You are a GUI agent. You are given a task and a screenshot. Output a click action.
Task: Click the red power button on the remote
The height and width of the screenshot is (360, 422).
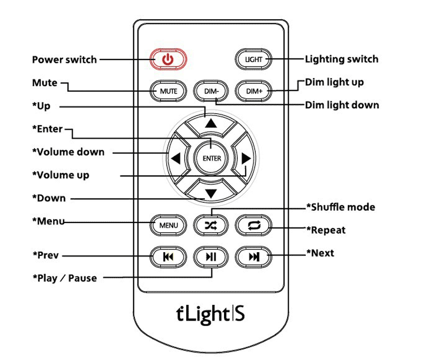[168, 59]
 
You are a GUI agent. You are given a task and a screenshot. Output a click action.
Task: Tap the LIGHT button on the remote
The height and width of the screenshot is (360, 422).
[253, 59]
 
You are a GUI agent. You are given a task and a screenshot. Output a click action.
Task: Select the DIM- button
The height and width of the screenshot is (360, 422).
[211, 91]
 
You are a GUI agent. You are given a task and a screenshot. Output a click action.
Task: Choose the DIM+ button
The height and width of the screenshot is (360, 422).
[253, 91]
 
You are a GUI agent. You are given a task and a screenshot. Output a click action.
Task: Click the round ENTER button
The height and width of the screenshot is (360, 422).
[211, 158]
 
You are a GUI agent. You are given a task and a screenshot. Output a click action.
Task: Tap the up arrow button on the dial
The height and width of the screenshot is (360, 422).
[211, 124]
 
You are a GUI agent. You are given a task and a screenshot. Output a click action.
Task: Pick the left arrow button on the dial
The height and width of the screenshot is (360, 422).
[176, 158]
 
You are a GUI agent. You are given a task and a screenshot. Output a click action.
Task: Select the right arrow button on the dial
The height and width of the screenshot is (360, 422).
[245, 158]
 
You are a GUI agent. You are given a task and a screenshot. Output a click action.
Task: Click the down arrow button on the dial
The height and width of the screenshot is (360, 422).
[211, 192]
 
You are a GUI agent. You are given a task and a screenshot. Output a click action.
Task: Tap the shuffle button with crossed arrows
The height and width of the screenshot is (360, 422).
[211, 225]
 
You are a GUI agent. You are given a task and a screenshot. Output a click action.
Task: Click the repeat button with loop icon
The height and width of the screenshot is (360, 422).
[253, 225]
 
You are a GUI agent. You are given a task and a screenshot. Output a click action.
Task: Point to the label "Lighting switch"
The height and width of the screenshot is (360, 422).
[341, 59]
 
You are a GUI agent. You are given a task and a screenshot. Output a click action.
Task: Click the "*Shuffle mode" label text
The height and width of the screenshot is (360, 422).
[340, 207]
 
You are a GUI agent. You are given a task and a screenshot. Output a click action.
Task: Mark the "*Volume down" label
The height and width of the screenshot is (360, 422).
[68, 152]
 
